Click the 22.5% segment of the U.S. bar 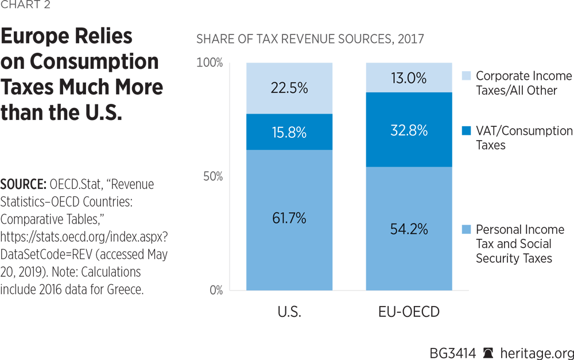[289, 88]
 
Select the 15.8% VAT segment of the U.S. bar [289, 132]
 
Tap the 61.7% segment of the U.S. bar [289, 219]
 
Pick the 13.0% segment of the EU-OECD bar [409, 78]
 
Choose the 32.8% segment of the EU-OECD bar [409, 130]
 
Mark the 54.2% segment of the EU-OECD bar [409, 228]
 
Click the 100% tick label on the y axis [210, 63]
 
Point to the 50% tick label [212, 176]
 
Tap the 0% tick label [215, 290]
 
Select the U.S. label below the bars [289, 313]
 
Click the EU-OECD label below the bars [409, 313]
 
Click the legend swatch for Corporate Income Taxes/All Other [466, 76]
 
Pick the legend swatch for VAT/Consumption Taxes [466, 131]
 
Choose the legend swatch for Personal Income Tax [466, 230]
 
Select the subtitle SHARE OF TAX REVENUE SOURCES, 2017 [310, 40]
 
